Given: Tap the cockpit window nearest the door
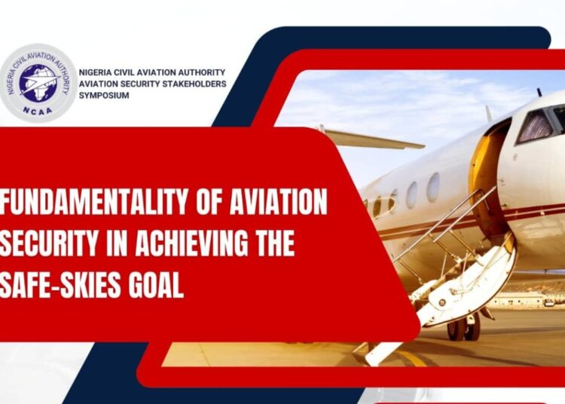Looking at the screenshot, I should pos(536,125).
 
